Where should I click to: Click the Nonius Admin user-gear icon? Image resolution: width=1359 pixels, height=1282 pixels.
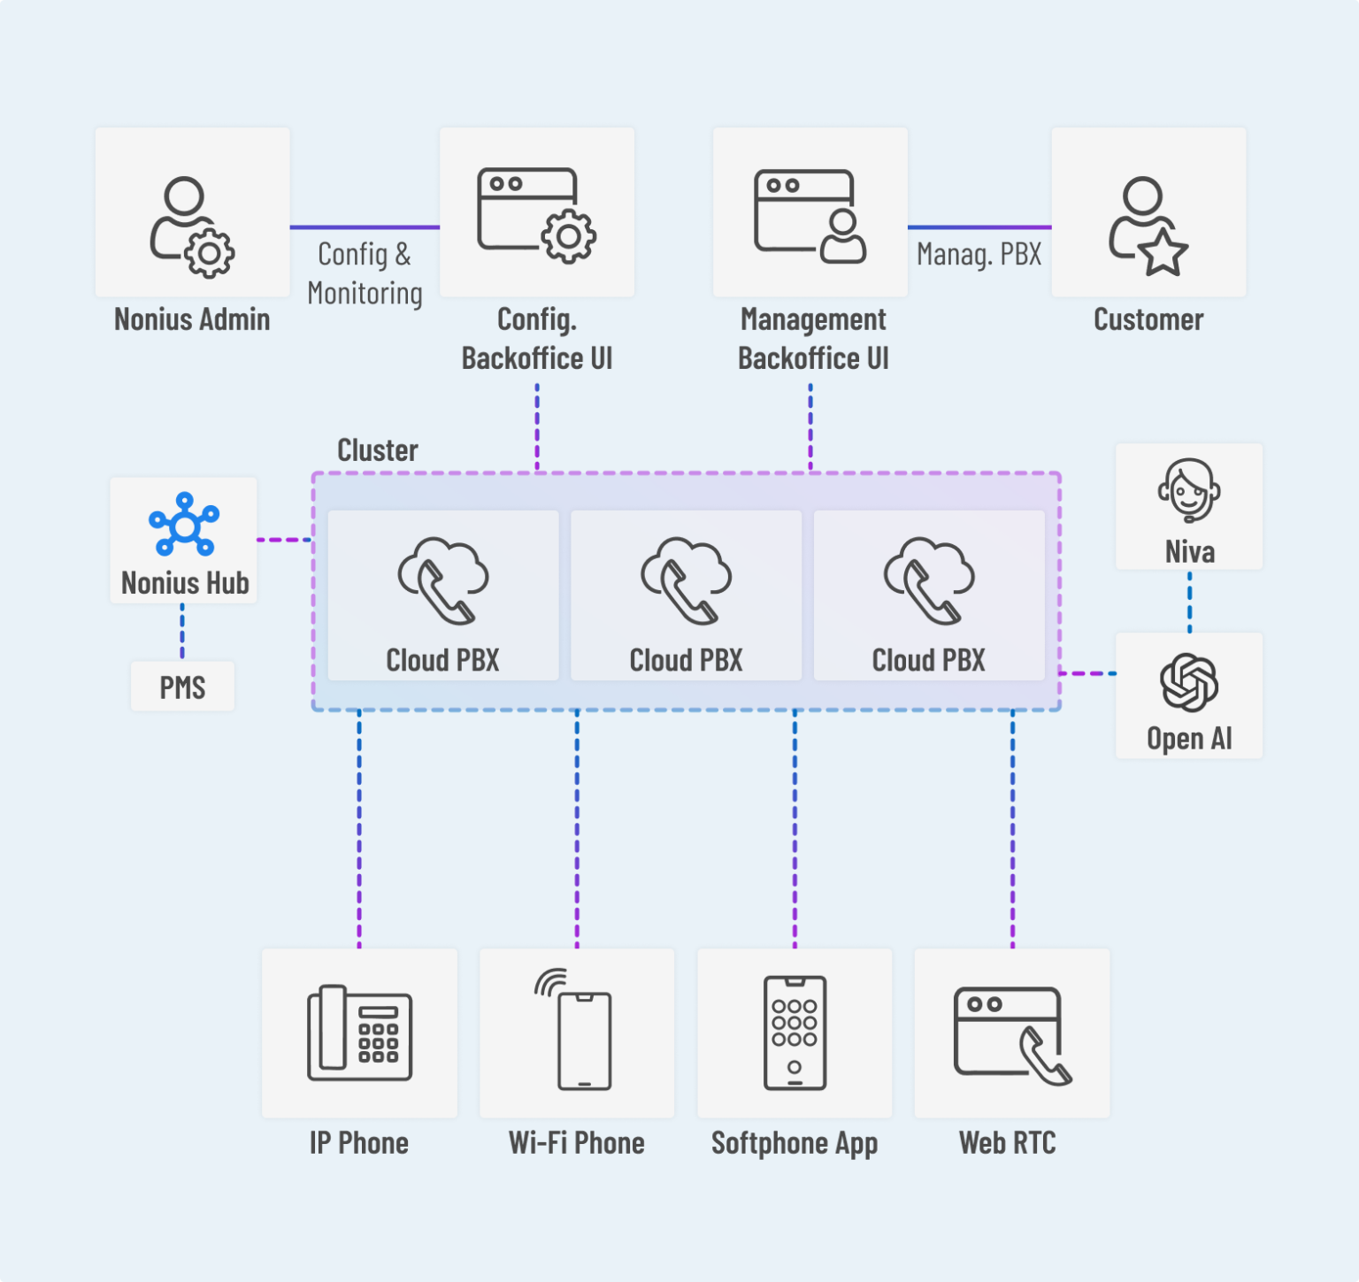191,226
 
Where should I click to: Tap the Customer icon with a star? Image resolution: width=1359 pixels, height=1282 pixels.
1148,226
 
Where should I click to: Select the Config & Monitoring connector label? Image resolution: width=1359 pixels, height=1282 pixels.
365,273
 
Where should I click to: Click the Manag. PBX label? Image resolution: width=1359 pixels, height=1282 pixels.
979,255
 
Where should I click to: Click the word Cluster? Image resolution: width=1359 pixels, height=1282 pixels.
378,450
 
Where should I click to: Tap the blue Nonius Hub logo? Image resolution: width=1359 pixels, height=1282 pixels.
184,525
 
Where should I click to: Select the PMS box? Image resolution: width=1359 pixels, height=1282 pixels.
182,687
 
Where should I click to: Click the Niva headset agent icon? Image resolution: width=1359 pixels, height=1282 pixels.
1189,490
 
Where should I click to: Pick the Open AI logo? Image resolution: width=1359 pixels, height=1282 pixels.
1189,682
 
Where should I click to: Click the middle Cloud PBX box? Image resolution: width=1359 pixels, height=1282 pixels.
686,595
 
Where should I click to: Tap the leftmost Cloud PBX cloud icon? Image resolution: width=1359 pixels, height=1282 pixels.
442,580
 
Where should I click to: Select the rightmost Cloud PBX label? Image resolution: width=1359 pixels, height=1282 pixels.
928,660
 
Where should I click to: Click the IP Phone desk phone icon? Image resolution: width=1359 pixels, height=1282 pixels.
359,1033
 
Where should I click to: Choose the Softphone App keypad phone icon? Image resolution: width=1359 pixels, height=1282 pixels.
795,1033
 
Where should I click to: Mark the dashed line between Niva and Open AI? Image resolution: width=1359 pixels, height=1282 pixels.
1189,602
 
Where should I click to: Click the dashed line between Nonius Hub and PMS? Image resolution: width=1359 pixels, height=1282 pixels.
182,632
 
